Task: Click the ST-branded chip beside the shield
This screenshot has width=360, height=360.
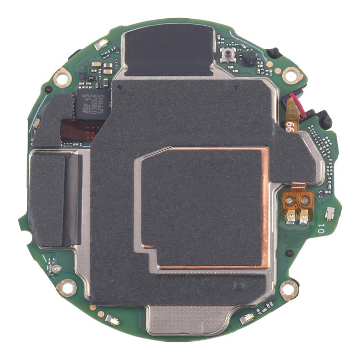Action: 91,105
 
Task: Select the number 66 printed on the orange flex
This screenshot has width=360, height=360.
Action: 289,127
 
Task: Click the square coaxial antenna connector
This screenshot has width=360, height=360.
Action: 227,55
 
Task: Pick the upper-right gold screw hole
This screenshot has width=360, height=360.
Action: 291,75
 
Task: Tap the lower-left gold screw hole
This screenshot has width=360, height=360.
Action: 66,288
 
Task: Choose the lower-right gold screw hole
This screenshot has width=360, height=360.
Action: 289,289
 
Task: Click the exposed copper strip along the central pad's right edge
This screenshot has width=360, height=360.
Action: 265,206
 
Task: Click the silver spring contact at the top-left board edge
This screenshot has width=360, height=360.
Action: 101,45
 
